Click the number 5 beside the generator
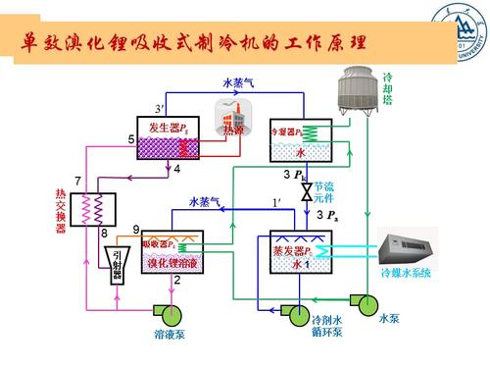click(130, 141)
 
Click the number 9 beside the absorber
click(136, 229)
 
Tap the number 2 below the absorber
click(176, 281)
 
